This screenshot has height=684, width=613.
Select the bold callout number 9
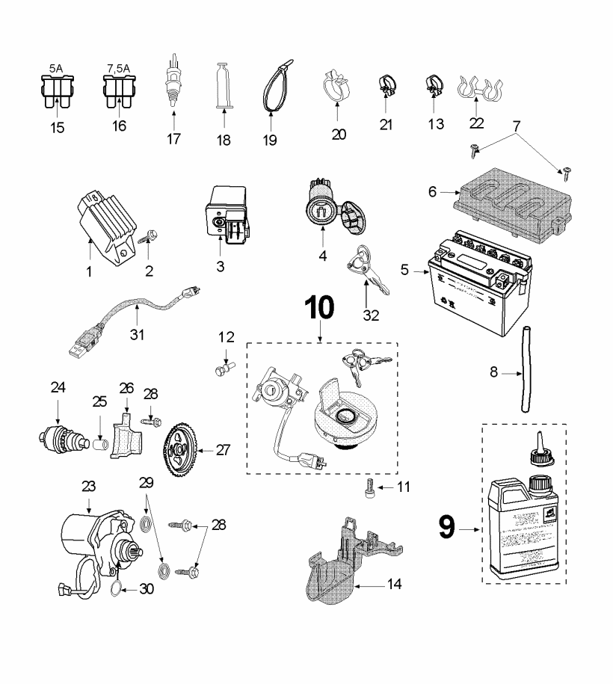click(446, 529)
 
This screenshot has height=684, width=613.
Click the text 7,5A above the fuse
click(119, 67)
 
